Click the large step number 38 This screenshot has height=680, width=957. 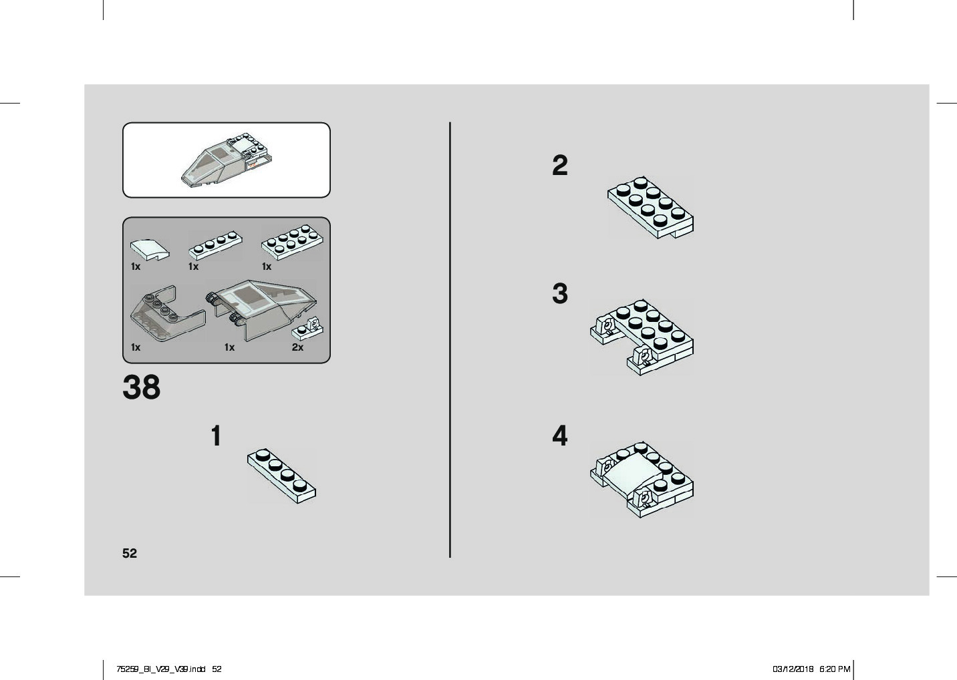pos(142,387)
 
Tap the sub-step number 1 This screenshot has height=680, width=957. pos(216,436)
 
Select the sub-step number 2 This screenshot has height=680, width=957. pos(559,165)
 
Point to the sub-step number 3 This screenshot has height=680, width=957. pos(559,293)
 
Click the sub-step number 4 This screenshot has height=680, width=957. pos(559,436)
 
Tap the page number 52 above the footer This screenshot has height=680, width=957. pos(130,553)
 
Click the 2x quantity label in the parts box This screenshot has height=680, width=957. pos(297,347)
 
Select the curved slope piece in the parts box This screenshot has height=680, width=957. pos(150,249)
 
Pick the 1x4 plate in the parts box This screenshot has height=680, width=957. pos(215,246)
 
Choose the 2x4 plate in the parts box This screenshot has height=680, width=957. pos(293,242)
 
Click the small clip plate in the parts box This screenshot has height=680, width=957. pos(307,328)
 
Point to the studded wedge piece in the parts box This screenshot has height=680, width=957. pos(168,313)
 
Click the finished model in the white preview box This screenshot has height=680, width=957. pos(227,160)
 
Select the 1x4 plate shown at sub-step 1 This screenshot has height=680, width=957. pos(281,476)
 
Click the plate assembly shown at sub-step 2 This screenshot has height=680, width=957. pos(650,208)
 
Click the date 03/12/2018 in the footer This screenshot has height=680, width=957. pos(793,669)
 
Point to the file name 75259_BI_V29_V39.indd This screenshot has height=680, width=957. pos(161,669)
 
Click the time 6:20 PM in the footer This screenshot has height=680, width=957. pos(835,669)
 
